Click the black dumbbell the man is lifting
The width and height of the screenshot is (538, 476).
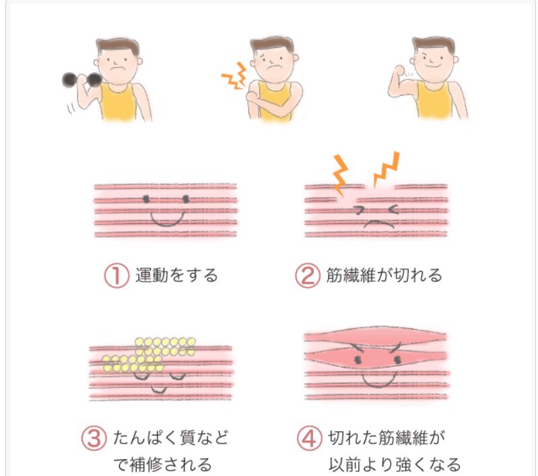click(x=82, y=80)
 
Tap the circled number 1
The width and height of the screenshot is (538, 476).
click(x=116, y=275)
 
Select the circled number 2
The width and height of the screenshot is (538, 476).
click(x=308, y=275)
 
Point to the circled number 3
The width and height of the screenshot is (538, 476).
click(x=94, y=438)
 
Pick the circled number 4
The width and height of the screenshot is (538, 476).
click(x=309, y=438)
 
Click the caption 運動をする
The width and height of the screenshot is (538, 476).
click(x=176, y=275)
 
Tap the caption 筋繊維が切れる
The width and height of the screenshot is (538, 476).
click(x=384, y=275)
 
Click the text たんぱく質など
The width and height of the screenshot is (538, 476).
click(x=170, y=438)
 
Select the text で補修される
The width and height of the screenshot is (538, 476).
click(x=163, y=465)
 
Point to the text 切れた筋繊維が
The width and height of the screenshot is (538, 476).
click(x=386, y=438)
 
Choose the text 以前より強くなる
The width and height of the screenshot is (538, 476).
click(x=395, y=465)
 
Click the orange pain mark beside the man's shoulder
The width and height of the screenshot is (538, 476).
click(x=235, y=76)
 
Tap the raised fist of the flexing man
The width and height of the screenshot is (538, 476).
click(x=399, y=72)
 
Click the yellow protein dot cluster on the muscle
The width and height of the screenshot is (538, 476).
click(x=149, y=355)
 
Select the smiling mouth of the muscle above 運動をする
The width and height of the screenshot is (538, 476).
click(x=167, y=219)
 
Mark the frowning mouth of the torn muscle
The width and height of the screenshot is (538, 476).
click(x=379, y=224)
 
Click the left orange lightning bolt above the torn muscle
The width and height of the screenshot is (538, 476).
click(x=340, y=175)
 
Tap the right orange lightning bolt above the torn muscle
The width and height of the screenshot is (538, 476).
click(x=386, y=169)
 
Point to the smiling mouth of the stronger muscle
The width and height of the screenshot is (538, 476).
click(x=379, y=380)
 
